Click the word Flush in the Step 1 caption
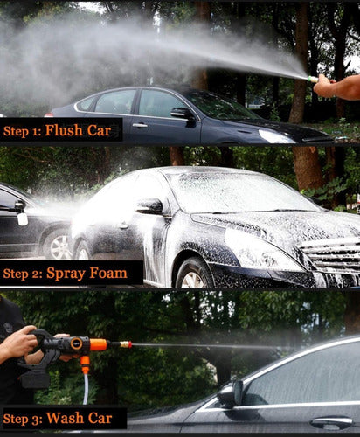(64, 130)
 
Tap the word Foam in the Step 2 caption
(108, 273)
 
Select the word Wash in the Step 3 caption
(65, 418)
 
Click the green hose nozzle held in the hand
(313, 79)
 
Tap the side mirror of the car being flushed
(181, 113)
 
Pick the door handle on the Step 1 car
(140, 126)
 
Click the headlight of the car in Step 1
(276, 136)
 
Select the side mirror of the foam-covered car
(150, 206)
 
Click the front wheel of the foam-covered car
(194, 274)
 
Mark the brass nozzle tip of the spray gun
(126, 344)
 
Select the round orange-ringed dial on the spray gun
(77, 343)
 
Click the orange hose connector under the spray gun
(85, 364)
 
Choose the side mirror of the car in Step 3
(231, 393)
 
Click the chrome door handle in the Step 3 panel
(332, 421)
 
